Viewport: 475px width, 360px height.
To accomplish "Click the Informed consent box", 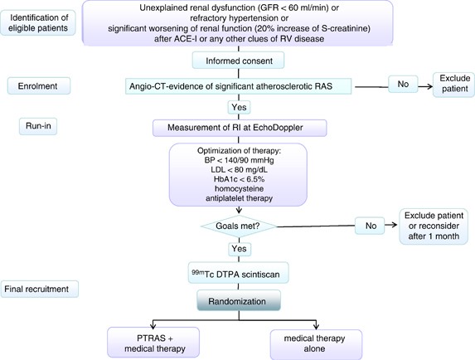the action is pos(238,61).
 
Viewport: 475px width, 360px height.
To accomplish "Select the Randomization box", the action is pos(239,300).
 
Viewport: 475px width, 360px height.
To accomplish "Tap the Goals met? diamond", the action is pos(239,226).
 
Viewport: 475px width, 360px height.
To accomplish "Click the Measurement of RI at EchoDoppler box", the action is pos(240,128).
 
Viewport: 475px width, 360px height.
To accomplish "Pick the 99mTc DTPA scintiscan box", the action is pos(239,273).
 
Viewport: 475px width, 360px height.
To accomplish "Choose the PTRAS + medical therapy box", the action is pos(153,343).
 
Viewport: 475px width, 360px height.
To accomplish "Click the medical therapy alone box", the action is pos(316,344).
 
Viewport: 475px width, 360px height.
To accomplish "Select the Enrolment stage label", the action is pos(39,85).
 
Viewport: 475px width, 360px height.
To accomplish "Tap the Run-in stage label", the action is pos(38,126).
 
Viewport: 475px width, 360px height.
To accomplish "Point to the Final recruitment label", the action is pos(40,289).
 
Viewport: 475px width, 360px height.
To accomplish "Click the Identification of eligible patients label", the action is pos(38,22).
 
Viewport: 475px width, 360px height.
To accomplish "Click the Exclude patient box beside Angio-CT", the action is pos(453,85).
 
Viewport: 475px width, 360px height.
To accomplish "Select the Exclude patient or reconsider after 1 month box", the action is pos(434,226).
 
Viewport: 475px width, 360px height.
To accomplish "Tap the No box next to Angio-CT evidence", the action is pos(403,84).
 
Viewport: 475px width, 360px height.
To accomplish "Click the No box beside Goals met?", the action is pos(370,226).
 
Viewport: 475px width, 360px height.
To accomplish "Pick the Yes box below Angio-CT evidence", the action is pos(239,107).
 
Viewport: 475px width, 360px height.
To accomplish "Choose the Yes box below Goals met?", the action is pos(240,249).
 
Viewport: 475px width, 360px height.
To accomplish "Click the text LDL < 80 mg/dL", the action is pos(239,170).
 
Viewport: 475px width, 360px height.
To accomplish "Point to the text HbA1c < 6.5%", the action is pos(239,179).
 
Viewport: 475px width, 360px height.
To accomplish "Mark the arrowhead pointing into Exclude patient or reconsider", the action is pos(394,225).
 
